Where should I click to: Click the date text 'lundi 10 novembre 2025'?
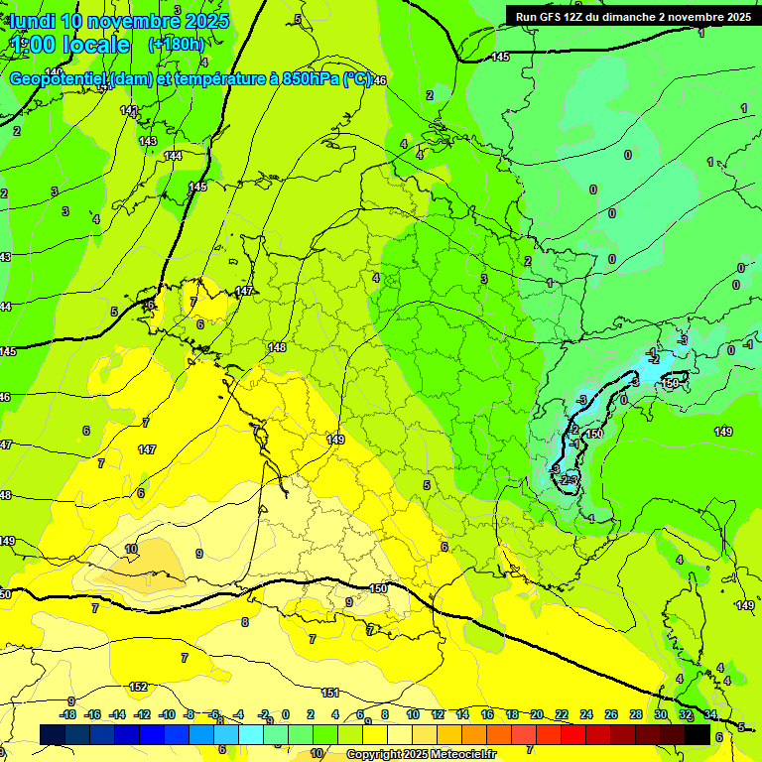119,21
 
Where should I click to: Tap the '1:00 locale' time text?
69,45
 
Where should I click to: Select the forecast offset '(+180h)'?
176,45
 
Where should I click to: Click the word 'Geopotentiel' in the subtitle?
60,79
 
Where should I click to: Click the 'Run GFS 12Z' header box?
632,16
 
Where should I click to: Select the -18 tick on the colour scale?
67,714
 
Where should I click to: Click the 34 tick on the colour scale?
710,714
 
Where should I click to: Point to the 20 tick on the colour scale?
537,714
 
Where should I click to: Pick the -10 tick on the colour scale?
167,714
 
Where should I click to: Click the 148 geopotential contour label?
277,347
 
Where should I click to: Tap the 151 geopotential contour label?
330,693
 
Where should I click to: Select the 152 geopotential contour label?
139,687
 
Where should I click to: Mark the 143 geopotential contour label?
148,142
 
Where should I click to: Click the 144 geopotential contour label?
173,156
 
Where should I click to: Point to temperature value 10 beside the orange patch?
131,549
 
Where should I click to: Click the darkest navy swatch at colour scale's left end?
53,734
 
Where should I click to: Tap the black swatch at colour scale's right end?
698,734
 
